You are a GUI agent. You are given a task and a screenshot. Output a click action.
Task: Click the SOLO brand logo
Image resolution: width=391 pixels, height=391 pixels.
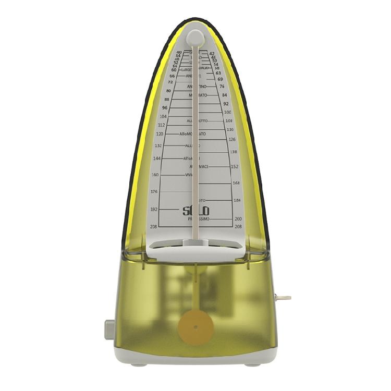pyautogui.click(x=196, y=211)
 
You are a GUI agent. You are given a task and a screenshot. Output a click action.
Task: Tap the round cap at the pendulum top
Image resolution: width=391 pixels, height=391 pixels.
pyautogui.click(x=195, y=36)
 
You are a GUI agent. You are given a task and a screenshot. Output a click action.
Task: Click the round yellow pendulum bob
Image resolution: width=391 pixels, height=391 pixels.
pyautogui.click(x=195, y=327)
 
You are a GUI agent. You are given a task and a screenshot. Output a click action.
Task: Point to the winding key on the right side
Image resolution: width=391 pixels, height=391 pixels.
pyautogui.click(x=283, y=298)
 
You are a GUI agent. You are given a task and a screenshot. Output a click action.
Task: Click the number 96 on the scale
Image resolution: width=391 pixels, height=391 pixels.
pyautogui.click(x=165, y=107)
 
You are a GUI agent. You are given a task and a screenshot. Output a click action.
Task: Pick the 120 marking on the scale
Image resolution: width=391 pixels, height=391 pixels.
pyautogui.click(x=160, y=133)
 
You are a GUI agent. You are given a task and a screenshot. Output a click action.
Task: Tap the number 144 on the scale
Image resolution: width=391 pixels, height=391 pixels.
pyautogui.click(x=157, y=158)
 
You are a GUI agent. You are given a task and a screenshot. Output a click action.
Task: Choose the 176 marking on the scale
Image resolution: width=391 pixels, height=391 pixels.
pyautogui.click(x=154, y=192)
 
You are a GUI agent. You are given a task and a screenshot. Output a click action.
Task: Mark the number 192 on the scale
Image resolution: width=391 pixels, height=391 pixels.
pyautogui.click(x=154, y=209)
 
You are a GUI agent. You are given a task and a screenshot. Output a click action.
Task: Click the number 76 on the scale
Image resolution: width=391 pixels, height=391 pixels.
pyautogui.click(x=222, y=87)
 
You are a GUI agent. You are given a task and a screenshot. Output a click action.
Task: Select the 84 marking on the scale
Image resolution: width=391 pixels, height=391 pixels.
pyautogui.click(x=224, y=95)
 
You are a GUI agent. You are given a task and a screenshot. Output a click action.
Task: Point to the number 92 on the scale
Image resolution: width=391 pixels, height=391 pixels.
pyautogui.click(x=226, y=104)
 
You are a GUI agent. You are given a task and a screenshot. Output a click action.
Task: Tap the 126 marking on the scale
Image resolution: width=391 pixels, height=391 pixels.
pyautogui.click(x=232, y=139)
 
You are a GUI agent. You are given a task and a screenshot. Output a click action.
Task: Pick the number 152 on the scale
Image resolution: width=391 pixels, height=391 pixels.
pyautogui.click(x=235, y=167)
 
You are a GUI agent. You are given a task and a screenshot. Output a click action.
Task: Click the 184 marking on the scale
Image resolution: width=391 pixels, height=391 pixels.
pyautogui.click(x=237, y=200)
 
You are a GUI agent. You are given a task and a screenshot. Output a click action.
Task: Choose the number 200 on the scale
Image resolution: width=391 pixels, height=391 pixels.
pyautogui.click(x=238, y=219)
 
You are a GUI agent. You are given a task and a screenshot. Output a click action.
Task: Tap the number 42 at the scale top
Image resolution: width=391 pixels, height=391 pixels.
pyautogui.click(x=212, y=53)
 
